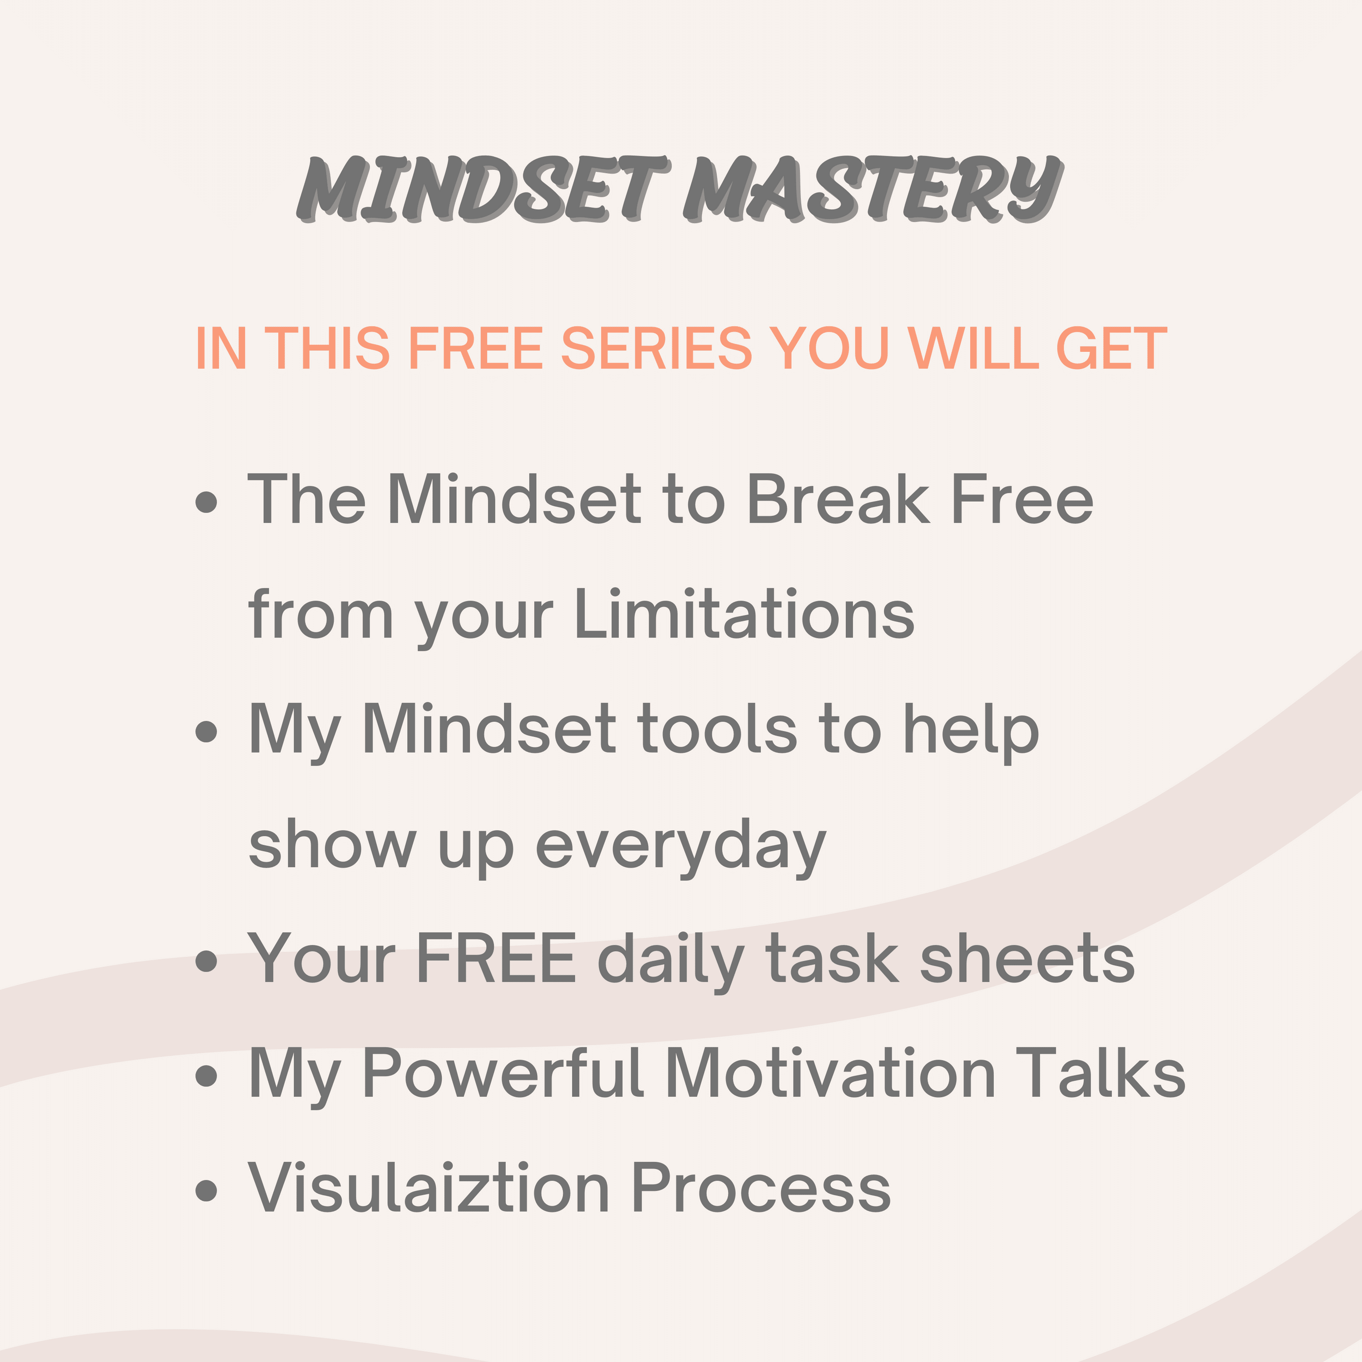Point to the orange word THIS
coord(331,348)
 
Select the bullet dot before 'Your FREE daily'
coord(206,961)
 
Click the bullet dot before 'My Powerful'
coord(206,1075)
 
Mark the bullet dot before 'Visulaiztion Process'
coord(206,1190)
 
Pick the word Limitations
coord(745,613)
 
